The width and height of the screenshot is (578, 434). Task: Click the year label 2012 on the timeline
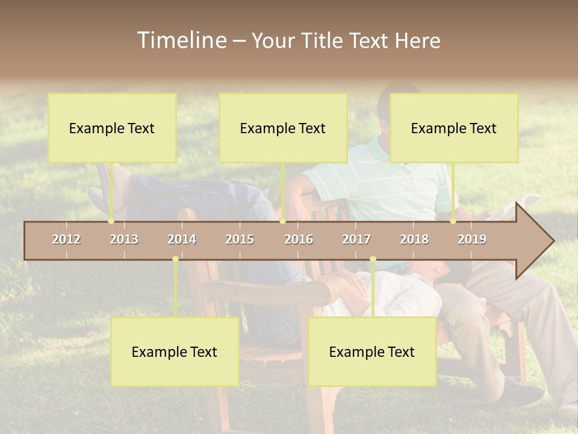point(66,239)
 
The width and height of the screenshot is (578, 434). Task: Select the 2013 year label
point(124,239)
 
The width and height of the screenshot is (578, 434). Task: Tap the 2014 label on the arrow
point(182,239)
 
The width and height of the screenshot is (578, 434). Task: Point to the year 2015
point(240,239)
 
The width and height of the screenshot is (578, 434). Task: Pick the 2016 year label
point(299,239)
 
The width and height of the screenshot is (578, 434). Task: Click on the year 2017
point(356,239)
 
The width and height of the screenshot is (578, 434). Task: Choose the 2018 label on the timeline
point(414,239)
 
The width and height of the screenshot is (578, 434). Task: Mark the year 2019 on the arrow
point(472,239)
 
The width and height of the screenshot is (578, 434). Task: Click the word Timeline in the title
point(181,40)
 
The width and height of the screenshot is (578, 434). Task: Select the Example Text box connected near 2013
point(112,128)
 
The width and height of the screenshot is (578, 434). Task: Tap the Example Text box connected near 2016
point(283,128)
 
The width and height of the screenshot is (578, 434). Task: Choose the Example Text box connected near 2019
point(454,128)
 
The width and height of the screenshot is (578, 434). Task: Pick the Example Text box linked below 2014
point(175,351)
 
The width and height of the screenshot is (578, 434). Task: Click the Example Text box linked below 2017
point(372,351)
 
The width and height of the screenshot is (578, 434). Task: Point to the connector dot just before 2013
point(111,221)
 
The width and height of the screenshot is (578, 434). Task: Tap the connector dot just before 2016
point(282,221)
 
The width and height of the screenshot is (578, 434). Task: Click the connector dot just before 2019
point(453,221)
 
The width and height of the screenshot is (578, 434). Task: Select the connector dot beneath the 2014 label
point(175,259)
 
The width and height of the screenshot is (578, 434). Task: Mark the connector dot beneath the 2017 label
point(373,259)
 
